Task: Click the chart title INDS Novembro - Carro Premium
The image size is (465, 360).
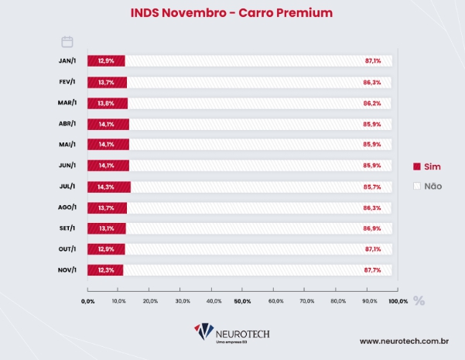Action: (x=233, y=13)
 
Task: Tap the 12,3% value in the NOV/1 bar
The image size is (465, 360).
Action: (x=106, y=269)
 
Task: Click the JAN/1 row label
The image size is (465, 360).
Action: (x=67, y=61)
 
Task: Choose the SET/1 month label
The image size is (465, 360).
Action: (x=67, y=228)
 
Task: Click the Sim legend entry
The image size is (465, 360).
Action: (x=427, y=166)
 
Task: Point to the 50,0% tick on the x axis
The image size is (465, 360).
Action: (x=242, y=300)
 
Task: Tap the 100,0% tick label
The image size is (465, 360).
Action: (x=398, y=300)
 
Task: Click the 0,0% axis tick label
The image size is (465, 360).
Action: (x=87, y=300)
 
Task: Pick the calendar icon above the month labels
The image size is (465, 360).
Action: (x=67, y=42)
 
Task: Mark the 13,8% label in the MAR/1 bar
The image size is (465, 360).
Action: (x=106, y=103)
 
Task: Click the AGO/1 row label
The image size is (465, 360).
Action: (x=67, y=207)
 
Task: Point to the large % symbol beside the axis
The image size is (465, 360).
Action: (x=419, y=300)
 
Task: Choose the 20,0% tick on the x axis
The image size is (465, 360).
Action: (x=150, y=300)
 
